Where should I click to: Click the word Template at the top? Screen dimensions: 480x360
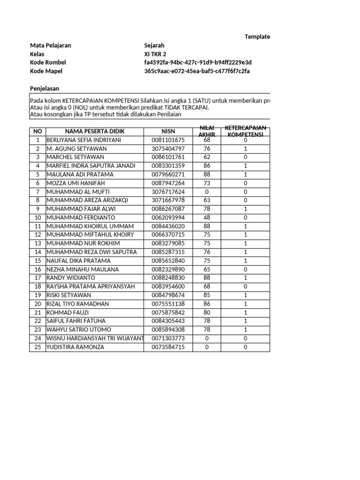[x=257, y=37]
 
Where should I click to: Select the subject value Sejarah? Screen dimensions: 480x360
[x=154, y=45]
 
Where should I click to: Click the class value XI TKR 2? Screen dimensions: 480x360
[x=155, y=54]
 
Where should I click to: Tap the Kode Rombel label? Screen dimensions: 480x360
[x=48, y=62]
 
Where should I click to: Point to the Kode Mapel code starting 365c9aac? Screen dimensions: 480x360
[x=197, y=71]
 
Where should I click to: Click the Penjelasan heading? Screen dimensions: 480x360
[x=45, y=89]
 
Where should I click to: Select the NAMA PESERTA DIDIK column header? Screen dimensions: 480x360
[x=95, y=131]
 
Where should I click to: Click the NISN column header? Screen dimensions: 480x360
[x=168, y=131]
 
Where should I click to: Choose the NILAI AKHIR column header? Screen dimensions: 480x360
[x=207, y=131]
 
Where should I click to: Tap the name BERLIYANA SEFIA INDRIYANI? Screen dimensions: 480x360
[x=83, y=140]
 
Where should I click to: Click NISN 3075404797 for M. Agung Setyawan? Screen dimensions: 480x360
[x=168, y=149]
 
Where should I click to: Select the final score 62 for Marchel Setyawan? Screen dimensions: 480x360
[x=207, y=157]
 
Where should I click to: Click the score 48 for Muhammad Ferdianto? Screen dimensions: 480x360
[x=207, y=217]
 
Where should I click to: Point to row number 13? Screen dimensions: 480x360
[x=37, y=243]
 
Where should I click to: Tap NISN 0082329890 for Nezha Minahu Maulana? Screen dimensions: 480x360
[x=168, y=270]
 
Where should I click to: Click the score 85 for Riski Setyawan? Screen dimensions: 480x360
[x=207, y=295]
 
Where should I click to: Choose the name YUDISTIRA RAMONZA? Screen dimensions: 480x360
[x=75, y=347]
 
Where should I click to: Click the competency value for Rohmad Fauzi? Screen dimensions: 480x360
[x=245, y=313]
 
